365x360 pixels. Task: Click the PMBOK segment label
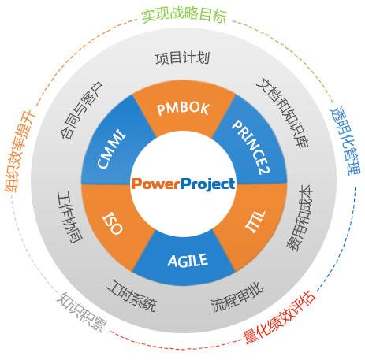tap(183, 107)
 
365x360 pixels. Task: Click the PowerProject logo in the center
tap(183, 184)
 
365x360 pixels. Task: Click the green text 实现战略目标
tap(183, 15)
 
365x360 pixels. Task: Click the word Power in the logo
tap(155, 184)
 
